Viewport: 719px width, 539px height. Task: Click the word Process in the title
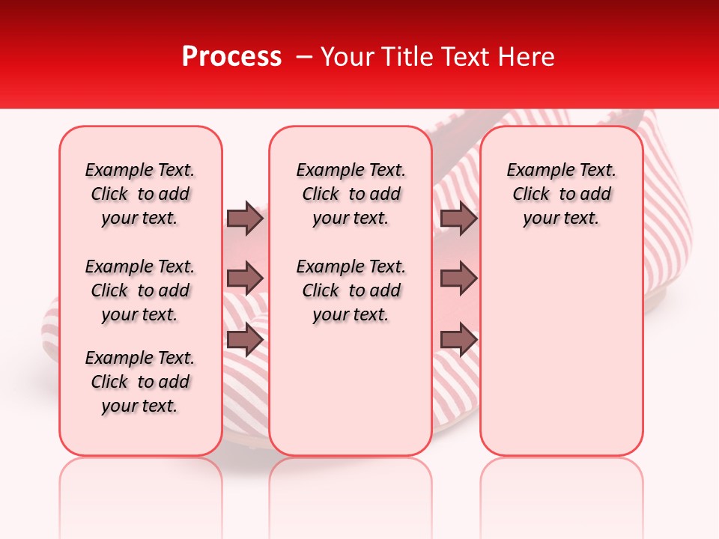point(231,57)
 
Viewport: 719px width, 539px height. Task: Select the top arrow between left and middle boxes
point(245,219)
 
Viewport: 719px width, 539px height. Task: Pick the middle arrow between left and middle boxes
point(245,278)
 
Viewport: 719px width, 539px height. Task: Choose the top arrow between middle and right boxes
point(459,219)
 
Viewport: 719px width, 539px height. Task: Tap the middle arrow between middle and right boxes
point(459,278)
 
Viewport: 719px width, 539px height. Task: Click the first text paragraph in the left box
point(140,194)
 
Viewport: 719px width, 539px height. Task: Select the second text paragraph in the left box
point(140,290)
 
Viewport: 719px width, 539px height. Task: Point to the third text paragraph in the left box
point(140,382)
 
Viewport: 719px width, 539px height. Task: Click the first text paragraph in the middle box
point(351,194)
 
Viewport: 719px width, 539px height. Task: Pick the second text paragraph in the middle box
point(351,290)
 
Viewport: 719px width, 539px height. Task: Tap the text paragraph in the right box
point(561,194)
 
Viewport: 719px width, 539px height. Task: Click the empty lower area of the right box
point(561,359)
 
